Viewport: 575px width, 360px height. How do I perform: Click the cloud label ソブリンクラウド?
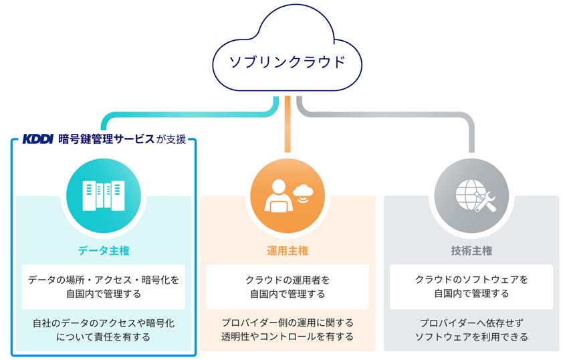(287, 62)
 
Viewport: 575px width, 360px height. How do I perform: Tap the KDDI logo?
(37, 139)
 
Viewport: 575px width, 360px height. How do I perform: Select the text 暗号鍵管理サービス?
(106, 139)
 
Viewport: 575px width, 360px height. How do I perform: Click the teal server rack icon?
(104, 195)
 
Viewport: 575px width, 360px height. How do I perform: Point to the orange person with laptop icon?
(279, 196)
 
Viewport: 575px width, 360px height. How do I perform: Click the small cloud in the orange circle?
(303, 191)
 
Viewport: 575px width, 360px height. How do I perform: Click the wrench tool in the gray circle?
(485, 202)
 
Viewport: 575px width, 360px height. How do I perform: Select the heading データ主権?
(104, 251)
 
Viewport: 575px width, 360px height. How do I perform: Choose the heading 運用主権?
(287, 251)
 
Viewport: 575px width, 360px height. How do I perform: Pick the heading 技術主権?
(471, 251)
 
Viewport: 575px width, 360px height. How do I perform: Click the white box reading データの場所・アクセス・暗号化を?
(104, 286)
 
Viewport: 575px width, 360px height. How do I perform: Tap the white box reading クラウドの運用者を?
(287, 286)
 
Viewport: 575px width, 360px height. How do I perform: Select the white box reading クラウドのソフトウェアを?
(471, 286)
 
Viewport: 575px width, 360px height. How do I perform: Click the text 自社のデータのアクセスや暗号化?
(104, 323)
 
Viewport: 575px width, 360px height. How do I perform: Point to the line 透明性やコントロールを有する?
(287, 337)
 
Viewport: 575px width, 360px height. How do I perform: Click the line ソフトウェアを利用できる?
(471, 337)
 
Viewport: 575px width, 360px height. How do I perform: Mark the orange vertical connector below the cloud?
(287, 124)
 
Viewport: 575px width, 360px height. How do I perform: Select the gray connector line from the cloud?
(385, 114)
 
